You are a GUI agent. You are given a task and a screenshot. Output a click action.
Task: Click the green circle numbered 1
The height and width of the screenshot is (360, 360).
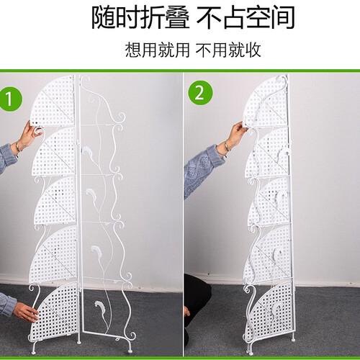coord(10,99)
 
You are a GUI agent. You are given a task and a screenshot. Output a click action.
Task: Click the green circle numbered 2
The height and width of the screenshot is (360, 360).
coord(200,93)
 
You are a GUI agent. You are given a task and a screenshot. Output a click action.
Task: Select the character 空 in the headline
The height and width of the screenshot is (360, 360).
coord(258,18)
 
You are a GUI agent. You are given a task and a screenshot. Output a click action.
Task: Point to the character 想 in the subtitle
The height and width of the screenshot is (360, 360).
coord(133,50)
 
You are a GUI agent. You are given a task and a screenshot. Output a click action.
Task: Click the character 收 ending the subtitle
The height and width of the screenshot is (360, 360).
coord(253,50)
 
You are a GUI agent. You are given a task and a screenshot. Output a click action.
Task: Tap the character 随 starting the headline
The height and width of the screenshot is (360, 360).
coord(103,18)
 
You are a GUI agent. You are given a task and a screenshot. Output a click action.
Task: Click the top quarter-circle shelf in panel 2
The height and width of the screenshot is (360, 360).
coord(266,101)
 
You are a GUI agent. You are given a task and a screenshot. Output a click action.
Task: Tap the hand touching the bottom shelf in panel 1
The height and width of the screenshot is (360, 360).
coord(26,312)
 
